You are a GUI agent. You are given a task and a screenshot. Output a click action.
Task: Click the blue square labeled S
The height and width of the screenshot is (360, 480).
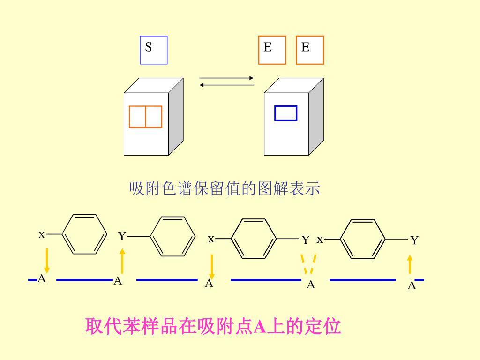153,50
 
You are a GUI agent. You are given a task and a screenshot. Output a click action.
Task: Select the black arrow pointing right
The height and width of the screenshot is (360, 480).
226,78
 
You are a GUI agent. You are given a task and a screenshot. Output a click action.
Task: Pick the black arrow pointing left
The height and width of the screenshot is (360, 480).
226,85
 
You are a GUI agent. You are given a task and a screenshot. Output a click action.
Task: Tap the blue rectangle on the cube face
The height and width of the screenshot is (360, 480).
285,113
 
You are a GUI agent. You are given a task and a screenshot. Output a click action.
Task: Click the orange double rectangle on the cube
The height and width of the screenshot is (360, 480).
146,117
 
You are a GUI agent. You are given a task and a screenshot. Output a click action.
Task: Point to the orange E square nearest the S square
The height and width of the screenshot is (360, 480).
272,50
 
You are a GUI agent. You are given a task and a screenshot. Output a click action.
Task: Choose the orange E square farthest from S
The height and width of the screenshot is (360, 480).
310,50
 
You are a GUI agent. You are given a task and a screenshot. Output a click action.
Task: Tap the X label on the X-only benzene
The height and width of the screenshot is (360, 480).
41,234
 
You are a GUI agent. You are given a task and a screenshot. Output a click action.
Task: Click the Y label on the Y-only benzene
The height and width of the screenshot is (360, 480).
122,236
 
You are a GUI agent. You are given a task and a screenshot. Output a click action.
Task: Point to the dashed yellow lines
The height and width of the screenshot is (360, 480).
308,263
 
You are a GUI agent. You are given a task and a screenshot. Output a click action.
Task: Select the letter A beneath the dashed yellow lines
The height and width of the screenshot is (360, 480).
311,285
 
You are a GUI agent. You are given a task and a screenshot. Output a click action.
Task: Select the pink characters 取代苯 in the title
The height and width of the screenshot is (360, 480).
109,326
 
